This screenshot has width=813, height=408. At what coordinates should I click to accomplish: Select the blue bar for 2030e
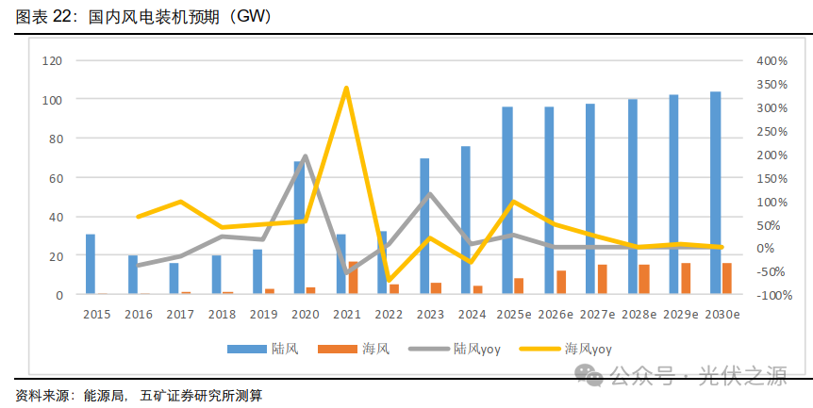click(x=716, y=193)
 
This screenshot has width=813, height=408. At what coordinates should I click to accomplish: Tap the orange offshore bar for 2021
click(x=354, y=278)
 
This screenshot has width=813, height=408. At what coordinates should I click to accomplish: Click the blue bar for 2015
click(x=91, y=264)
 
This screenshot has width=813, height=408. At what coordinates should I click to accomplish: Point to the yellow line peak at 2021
click(x=346, y=89)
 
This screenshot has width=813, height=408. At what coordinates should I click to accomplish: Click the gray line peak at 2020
click(x=305, y=156)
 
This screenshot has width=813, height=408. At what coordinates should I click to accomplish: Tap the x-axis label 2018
click(x=222, y=314)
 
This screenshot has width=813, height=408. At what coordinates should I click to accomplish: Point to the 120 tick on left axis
click(x=53, y=60)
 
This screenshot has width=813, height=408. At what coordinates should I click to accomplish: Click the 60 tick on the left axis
click(x=56, y=177)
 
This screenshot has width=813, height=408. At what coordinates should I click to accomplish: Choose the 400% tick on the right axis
click(x=772, y=60)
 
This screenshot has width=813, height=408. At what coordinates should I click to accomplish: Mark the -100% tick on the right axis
click(x=772, y=295)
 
